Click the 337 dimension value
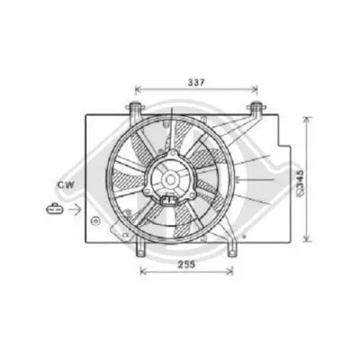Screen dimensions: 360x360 click(x=197, y=82)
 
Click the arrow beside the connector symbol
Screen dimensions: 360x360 click(x=76, y=209)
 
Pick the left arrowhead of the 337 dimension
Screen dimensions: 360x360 click(x=138, y=90)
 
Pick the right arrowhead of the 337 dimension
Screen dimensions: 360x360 click(x=256, y=90)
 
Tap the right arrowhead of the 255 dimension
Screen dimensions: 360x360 click(x=230, y=273)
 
